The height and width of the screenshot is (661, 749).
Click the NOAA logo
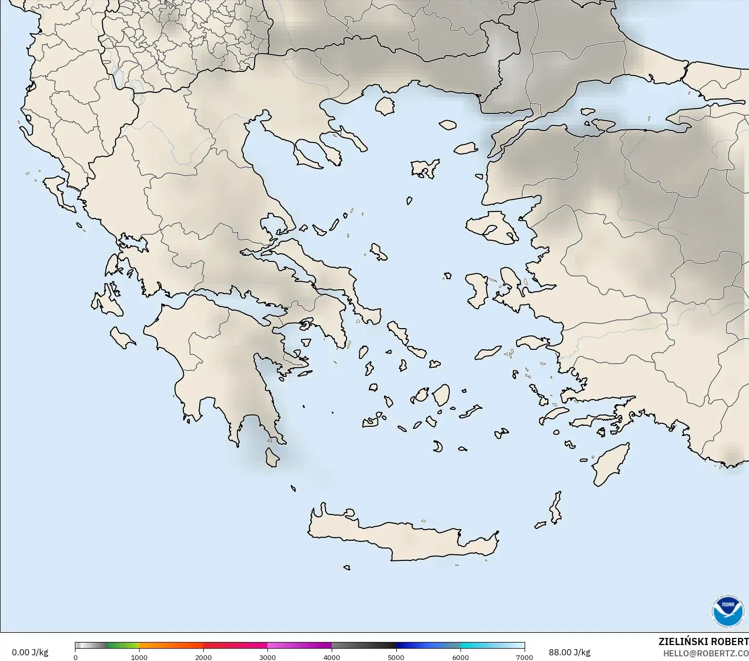[x=727, y=611]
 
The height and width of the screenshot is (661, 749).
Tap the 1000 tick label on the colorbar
[x=139, y=657]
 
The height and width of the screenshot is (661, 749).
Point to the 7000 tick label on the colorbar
[x=524, y=657]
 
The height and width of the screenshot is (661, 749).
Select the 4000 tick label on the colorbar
[x=332, y=657]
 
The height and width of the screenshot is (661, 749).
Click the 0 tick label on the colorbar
[x=75, y=657]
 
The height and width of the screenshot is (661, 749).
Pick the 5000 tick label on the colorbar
[x=396, y=657]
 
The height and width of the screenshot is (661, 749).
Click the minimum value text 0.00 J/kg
[x=30, y=652]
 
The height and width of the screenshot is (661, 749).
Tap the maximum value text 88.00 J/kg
[x=569, y=652]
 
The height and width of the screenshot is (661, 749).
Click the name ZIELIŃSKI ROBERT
[x=703, y=641]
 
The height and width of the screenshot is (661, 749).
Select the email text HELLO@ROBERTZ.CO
[x=705, y=653]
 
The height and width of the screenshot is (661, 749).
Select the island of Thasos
[x=385, y=106]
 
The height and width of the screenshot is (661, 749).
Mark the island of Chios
[x=477, y=290]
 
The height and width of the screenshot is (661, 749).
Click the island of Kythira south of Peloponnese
[x=272, y=457]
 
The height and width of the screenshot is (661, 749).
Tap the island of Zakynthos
[x=123, y=337]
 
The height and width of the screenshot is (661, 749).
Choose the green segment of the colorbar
[x=123, y=646]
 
